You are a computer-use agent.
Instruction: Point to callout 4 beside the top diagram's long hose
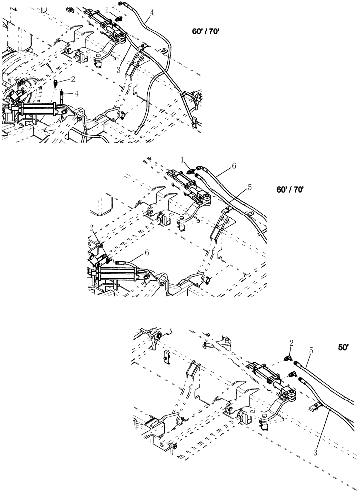152,13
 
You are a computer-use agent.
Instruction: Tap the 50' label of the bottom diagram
343,347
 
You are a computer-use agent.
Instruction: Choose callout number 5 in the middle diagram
250,187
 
